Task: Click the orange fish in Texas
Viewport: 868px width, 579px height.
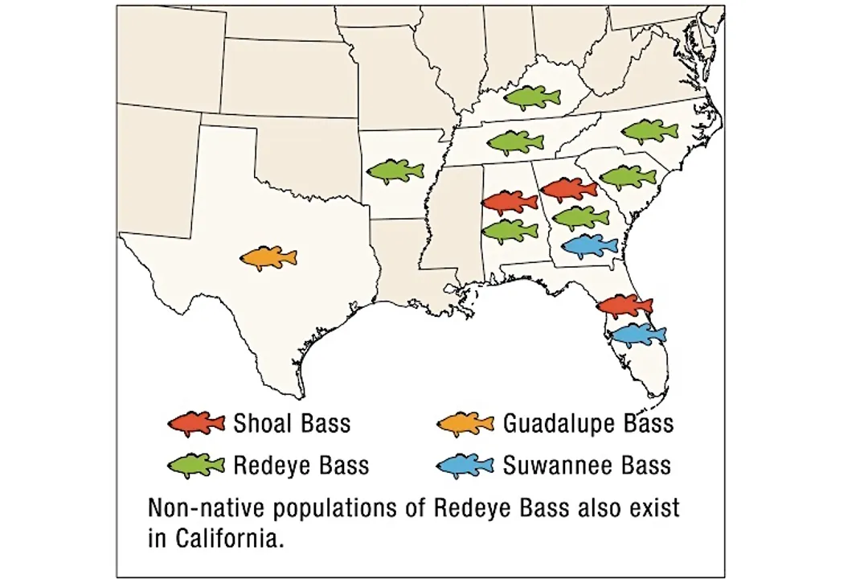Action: pyautogui.click(x=268, y=258)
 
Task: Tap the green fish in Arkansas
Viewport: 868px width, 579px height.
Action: pyautogui.click(x=395, y=170)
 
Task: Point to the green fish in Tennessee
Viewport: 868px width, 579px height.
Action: pyautogui.click(x=515, y=142)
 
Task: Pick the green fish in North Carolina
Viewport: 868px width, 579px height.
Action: pyautogui.click(x=649, y=130)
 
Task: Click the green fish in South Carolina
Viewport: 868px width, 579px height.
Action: pyautogui.click(x=628, y=176)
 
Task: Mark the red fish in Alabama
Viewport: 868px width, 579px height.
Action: pyautogui.click(x=510, y=202)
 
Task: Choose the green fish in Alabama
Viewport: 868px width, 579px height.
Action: pyautogui.click(x=510, y=231)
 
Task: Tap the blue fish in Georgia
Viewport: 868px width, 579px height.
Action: pyautogui.click(x=589, y=245)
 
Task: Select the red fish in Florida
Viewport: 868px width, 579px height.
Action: pyautogui.click(x=624, y=306)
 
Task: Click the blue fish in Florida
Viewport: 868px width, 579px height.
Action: pyautogui.click(x=637, y=334)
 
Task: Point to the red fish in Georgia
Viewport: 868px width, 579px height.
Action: pyautogui.click(x=569, y=189)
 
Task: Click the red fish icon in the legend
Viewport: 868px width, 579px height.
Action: pyautogui.click(x=196, y=423)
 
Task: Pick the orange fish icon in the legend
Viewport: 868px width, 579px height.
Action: pyautogui.click(x=465, y=423)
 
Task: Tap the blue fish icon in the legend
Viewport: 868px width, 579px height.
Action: pyautogui.click(x=465, y=465)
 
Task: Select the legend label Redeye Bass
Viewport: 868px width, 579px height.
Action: pyautogui.click(x=301, y=465)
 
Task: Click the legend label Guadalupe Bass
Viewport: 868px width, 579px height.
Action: pyautogui.click(x=588, y=423)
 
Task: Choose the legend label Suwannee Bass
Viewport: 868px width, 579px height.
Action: pyautogui.click(x=586, y=465)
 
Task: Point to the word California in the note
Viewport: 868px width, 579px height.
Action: pyautogui.click(x=229, y=538)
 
